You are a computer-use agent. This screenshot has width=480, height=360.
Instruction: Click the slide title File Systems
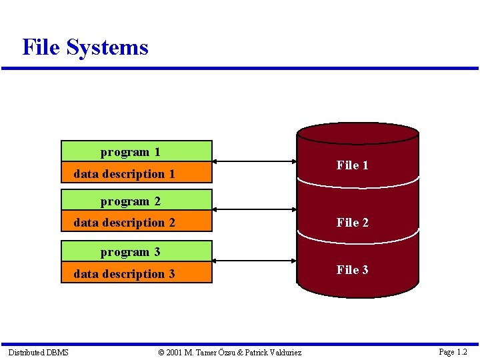click(x=85, y=47)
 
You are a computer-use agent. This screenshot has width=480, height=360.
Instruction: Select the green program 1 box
click(x=136, y=151)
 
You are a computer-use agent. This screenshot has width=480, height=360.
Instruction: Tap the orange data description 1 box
click(x=136, y=173)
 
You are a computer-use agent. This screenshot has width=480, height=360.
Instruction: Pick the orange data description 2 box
click(x=136, y=223)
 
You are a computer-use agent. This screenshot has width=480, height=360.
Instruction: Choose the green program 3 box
click(x=136, y=251)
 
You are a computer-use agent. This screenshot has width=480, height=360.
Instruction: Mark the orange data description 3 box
click(x=136, y=273)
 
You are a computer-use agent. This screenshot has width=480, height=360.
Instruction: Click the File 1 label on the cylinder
click(x=352, y=165)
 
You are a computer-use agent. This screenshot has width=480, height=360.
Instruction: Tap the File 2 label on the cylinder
click(x=352, y=223)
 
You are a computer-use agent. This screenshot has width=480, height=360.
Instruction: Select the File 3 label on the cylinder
click(x=352, y=270)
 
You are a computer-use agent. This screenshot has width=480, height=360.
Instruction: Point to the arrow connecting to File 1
click(x=254, y=161)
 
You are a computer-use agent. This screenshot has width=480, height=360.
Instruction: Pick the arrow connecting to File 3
click(x=254, y=261)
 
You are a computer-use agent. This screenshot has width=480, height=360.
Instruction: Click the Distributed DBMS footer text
click(x=38, y=352)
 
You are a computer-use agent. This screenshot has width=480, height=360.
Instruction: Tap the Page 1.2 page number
click(x=453, y=352)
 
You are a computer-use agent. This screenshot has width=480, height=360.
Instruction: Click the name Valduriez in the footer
click(x=283, y=352)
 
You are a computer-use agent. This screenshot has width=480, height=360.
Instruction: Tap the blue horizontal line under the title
click(x=240, y=68)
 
